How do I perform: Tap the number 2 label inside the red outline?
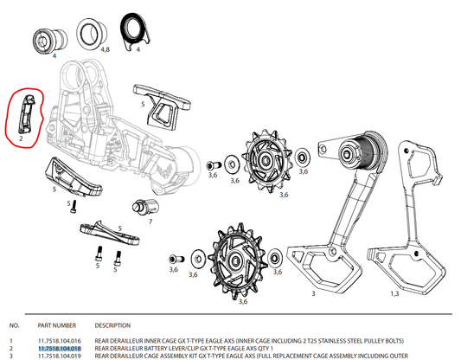[x=19, y=138]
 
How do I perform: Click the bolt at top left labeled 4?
[x=43, y=40]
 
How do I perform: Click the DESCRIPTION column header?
[x=112, y=326]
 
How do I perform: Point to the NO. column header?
[x=12, y=326]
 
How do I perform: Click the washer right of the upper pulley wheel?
[x=301, y=158]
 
